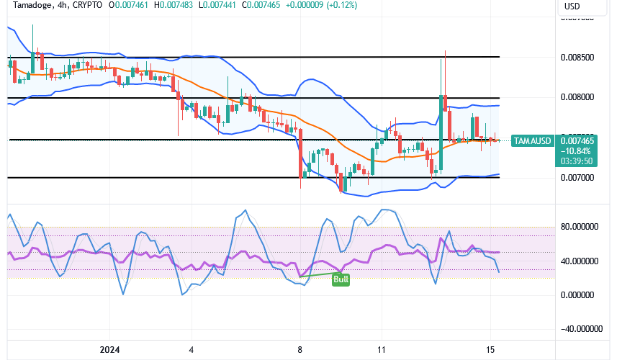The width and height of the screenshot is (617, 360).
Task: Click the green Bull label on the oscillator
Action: [341, 279]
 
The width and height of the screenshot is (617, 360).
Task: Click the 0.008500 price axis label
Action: [577, 57]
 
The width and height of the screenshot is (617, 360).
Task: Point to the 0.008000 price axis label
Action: [577, 97]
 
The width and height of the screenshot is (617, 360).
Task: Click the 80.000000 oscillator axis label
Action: [582, 227]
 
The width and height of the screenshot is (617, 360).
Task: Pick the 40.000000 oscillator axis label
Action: [582, 261]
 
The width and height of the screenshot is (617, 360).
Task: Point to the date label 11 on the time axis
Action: [382, 350]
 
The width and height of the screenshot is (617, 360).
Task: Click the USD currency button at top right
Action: [572, 6]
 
